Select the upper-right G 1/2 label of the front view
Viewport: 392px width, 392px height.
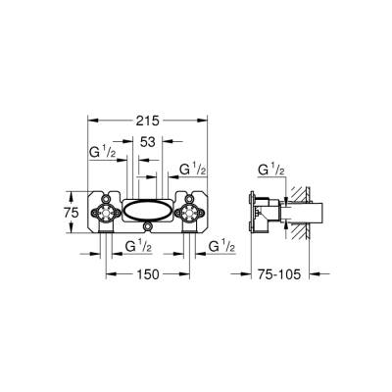coord(191,171)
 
